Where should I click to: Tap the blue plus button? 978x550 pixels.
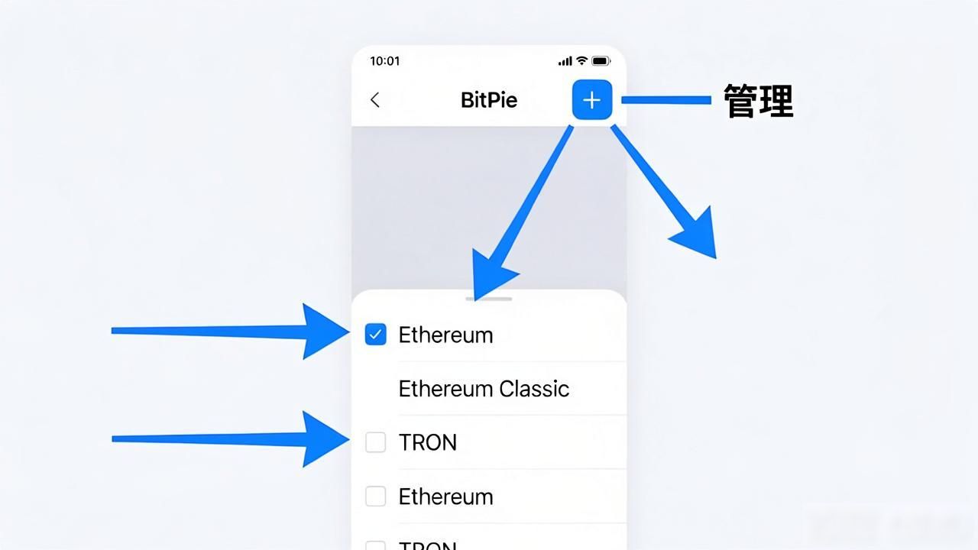pos(592,99)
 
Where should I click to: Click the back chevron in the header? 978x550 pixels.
pos(375,100)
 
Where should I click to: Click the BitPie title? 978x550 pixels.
pos(489,100)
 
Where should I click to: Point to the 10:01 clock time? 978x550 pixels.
pos(384,61)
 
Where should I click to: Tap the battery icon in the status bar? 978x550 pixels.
pos(601,61)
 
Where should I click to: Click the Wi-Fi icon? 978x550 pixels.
pos(581,60)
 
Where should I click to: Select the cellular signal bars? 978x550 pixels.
pos(565,61)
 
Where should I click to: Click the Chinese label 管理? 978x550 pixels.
pos(759,101)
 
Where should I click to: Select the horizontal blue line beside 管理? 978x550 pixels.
pos(666,100)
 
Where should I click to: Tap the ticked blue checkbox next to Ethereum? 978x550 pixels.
pos(375,335)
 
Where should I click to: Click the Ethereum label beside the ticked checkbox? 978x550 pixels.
pos(445,335)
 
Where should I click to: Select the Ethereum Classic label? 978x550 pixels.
pos(484,389)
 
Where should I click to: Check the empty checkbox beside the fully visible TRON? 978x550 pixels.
pos(375,442)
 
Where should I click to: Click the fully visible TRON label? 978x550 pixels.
pos(428,442)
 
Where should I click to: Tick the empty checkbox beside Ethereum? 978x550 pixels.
pos(375,497)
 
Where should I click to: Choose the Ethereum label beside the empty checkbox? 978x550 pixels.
pos(445,497)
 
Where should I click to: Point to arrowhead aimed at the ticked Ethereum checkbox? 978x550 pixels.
pos(325,332)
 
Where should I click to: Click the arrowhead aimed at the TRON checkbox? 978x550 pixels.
pos(325,439)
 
